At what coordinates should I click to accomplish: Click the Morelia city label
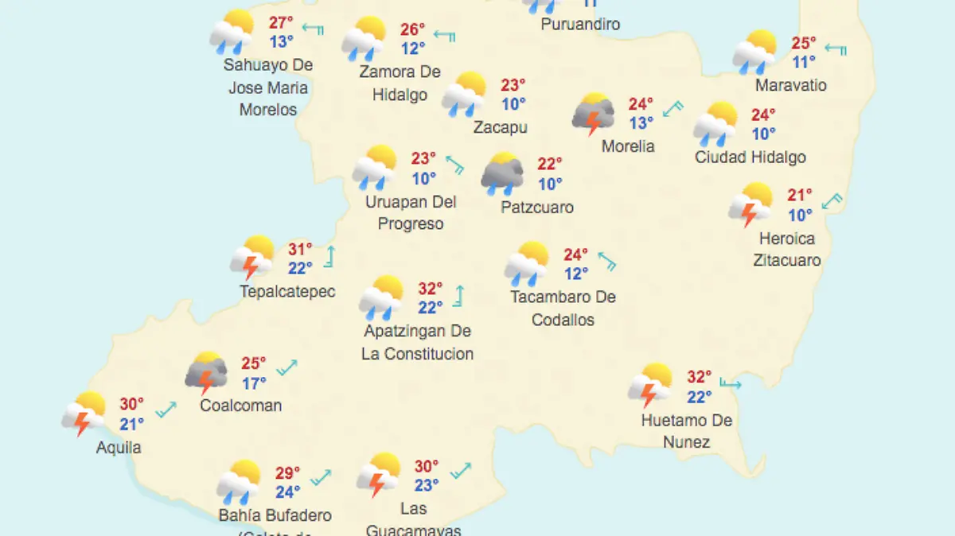pos(628,146)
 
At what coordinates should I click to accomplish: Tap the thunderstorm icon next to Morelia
pos(593,114)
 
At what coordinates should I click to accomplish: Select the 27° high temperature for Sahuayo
pos(280,23)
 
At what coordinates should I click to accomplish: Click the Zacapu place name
pos(500,127)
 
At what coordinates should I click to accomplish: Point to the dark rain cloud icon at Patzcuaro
pos(502,174)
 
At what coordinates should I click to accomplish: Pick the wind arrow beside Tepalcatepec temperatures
pos(329,256)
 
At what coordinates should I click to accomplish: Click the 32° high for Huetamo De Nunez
pos(699,377)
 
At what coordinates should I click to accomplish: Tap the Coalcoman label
pos(240,406)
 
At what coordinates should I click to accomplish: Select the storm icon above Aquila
pos(84,414)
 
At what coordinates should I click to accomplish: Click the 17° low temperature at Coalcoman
pos(254,383)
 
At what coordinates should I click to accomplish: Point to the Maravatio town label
pos(791,85)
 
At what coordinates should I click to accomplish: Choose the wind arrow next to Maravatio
pos(836,49)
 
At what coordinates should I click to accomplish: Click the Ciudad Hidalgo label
pos(750,157)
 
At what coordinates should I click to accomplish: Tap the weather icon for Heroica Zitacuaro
pos(750,204)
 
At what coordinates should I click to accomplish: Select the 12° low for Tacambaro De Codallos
pos(576,274)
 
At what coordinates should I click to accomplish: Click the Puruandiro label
pos(580,25)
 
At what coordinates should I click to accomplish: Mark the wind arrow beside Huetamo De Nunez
pos(730,385)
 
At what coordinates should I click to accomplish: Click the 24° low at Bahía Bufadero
pos(287,492)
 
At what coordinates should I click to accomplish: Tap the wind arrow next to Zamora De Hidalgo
pos(443,36)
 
